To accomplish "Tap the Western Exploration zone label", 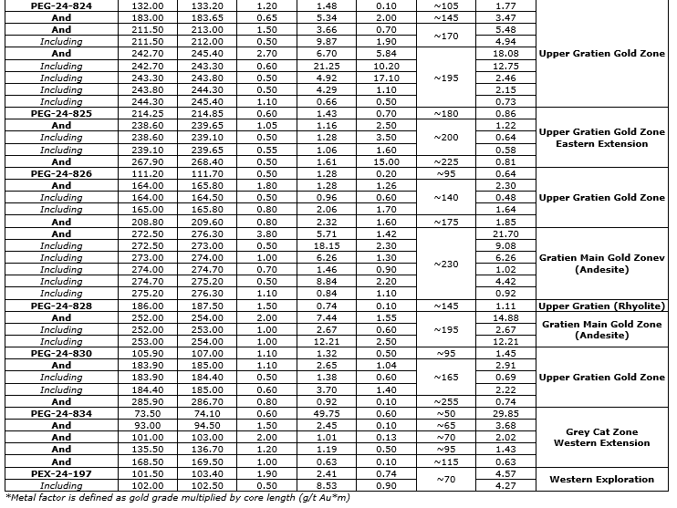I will (601, 479).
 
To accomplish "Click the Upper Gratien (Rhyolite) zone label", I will (601, 306).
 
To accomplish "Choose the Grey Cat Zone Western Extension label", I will (601, 438).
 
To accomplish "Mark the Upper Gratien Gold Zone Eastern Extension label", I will (601, 139).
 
